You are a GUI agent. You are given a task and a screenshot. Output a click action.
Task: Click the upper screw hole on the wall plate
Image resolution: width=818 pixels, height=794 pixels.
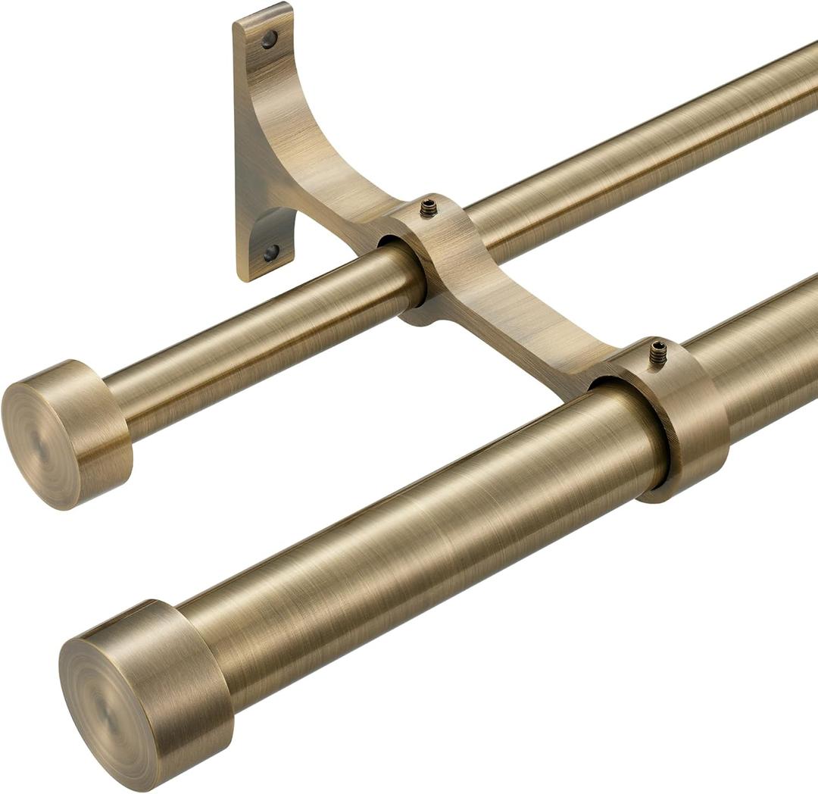click(x=270, y=39)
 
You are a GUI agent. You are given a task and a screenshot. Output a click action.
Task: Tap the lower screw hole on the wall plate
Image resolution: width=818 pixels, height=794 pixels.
click(x=270, y=252)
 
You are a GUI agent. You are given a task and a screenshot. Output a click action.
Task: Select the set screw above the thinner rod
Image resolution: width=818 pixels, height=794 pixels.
click(x=429, y=207)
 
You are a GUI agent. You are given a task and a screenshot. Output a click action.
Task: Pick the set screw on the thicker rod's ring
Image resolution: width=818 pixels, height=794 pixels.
click(x=657, y=351)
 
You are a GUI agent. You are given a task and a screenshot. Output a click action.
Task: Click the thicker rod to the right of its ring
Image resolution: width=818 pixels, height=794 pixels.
click(x=765, y=349)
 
